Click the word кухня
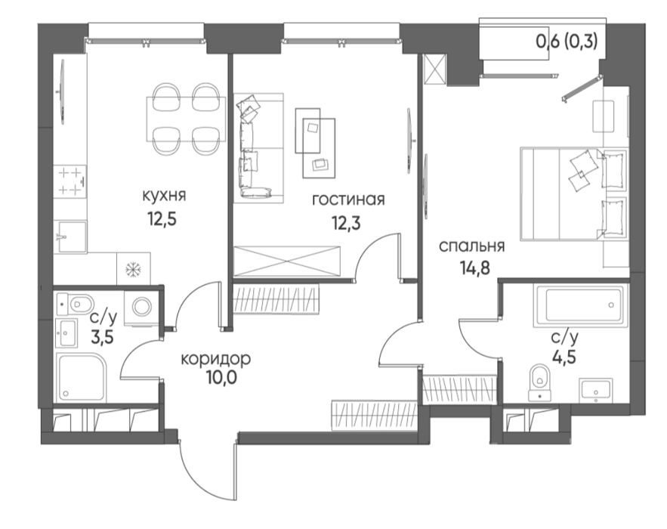click(164, 196)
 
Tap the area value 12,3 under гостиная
click(347, 222)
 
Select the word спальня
click(472, 246)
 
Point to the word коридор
click(216, 360)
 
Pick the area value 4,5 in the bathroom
click(564, 357)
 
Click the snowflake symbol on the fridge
click(133, 268)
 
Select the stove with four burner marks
click(69, 181)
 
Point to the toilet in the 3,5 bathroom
click(76, 304)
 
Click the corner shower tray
click(82, 378)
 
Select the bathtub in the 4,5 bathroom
click(581, 305)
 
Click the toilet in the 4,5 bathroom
click(539, 382)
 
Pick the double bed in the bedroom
click(574, 193)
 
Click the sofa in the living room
click(255, 147)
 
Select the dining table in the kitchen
click(186, 119)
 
